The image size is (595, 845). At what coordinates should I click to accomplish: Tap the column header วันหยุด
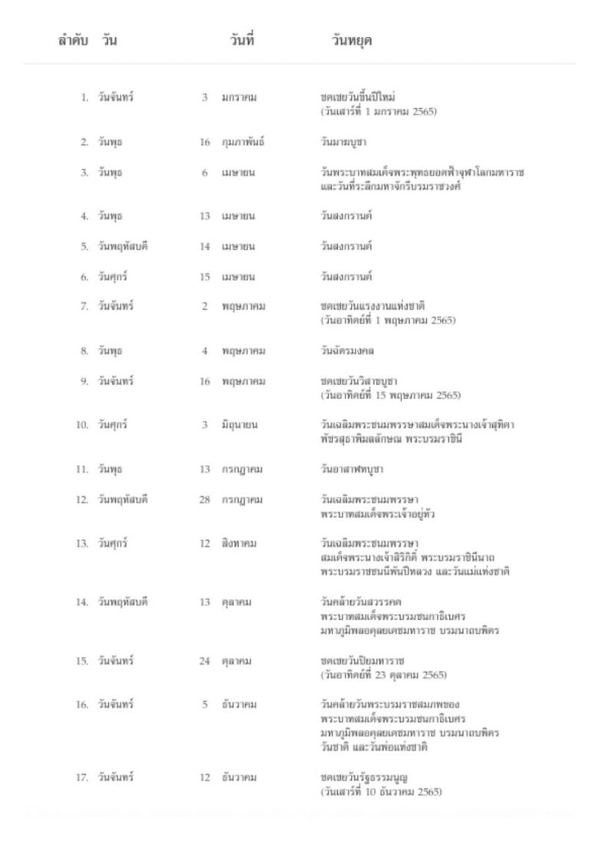click(347, 41)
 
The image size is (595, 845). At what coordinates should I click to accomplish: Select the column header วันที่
click(241, 41)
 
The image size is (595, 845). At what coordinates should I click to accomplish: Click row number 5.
click(85, 247)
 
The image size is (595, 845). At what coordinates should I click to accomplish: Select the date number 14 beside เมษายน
click(204, 247)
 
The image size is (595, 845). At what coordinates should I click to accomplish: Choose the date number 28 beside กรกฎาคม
click(204, 499)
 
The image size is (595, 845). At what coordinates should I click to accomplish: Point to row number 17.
click(83, 777)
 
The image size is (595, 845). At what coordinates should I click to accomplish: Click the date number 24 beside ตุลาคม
click(204, 661)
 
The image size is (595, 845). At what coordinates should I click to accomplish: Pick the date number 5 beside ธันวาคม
click(206, 704)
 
